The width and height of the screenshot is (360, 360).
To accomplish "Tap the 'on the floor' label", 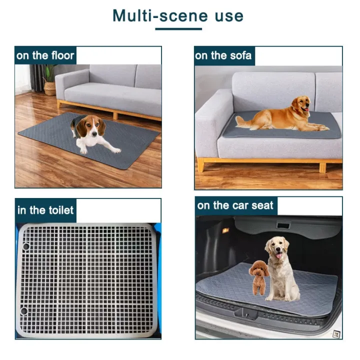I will click(x=45, y=55).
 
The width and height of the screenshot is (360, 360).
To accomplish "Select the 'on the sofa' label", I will click(x=223, y=55).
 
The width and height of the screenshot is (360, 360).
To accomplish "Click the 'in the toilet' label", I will click(x=45, y=209).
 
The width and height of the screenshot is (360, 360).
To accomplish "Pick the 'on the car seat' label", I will click(x=235, y=205).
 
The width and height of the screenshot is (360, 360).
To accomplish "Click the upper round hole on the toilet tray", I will click(x=24, y=246).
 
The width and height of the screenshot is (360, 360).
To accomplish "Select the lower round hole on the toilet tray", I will click(x=23, y=311).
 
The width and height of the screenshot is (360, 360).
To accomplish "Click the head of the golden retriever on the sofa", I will click(x=303, y=104).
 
